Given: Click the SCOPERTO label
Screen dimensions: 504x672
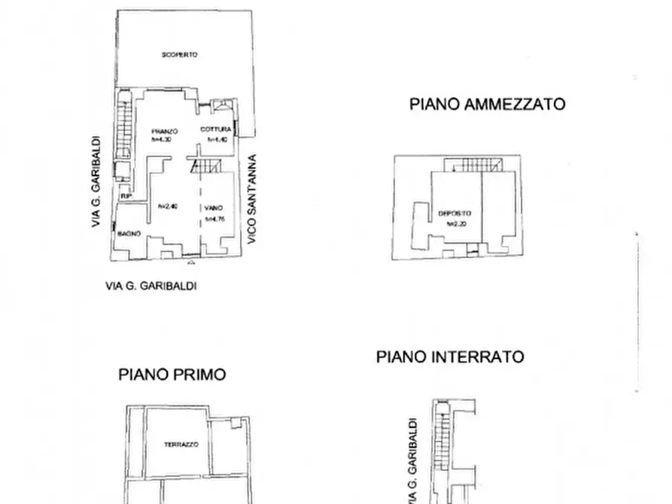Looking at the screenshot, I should [179, 55].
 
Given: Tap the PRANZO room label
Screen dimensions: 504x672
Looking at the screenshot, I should [163, 131].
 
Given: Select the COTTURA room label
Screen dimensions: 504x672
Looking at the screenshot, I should [214, 130].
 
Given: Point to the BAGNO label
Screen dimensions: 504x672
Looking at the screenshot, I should [128, 235].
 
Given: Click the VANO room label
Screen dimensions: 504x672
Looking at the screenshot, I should [212, 208].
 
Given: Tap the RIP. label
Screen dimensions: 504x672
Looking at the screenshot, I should [126, 198].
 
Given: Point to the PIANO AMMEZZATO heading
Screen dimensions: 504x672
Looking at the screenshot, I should [487, 105].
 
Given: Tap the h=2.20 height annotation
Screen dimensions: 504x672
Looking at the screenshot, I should [456, 223].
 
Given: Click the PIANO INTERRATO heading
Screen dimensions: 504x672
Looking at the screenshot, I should [450, 357].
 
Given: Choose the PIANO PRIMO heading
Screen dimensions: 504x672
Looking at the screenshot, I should [172, 374].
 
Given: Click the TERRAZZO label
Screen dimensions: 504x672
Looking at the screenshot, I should [181, 445].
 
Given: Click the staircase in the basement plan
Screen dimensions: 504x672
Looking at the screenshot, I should [442, 444].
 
